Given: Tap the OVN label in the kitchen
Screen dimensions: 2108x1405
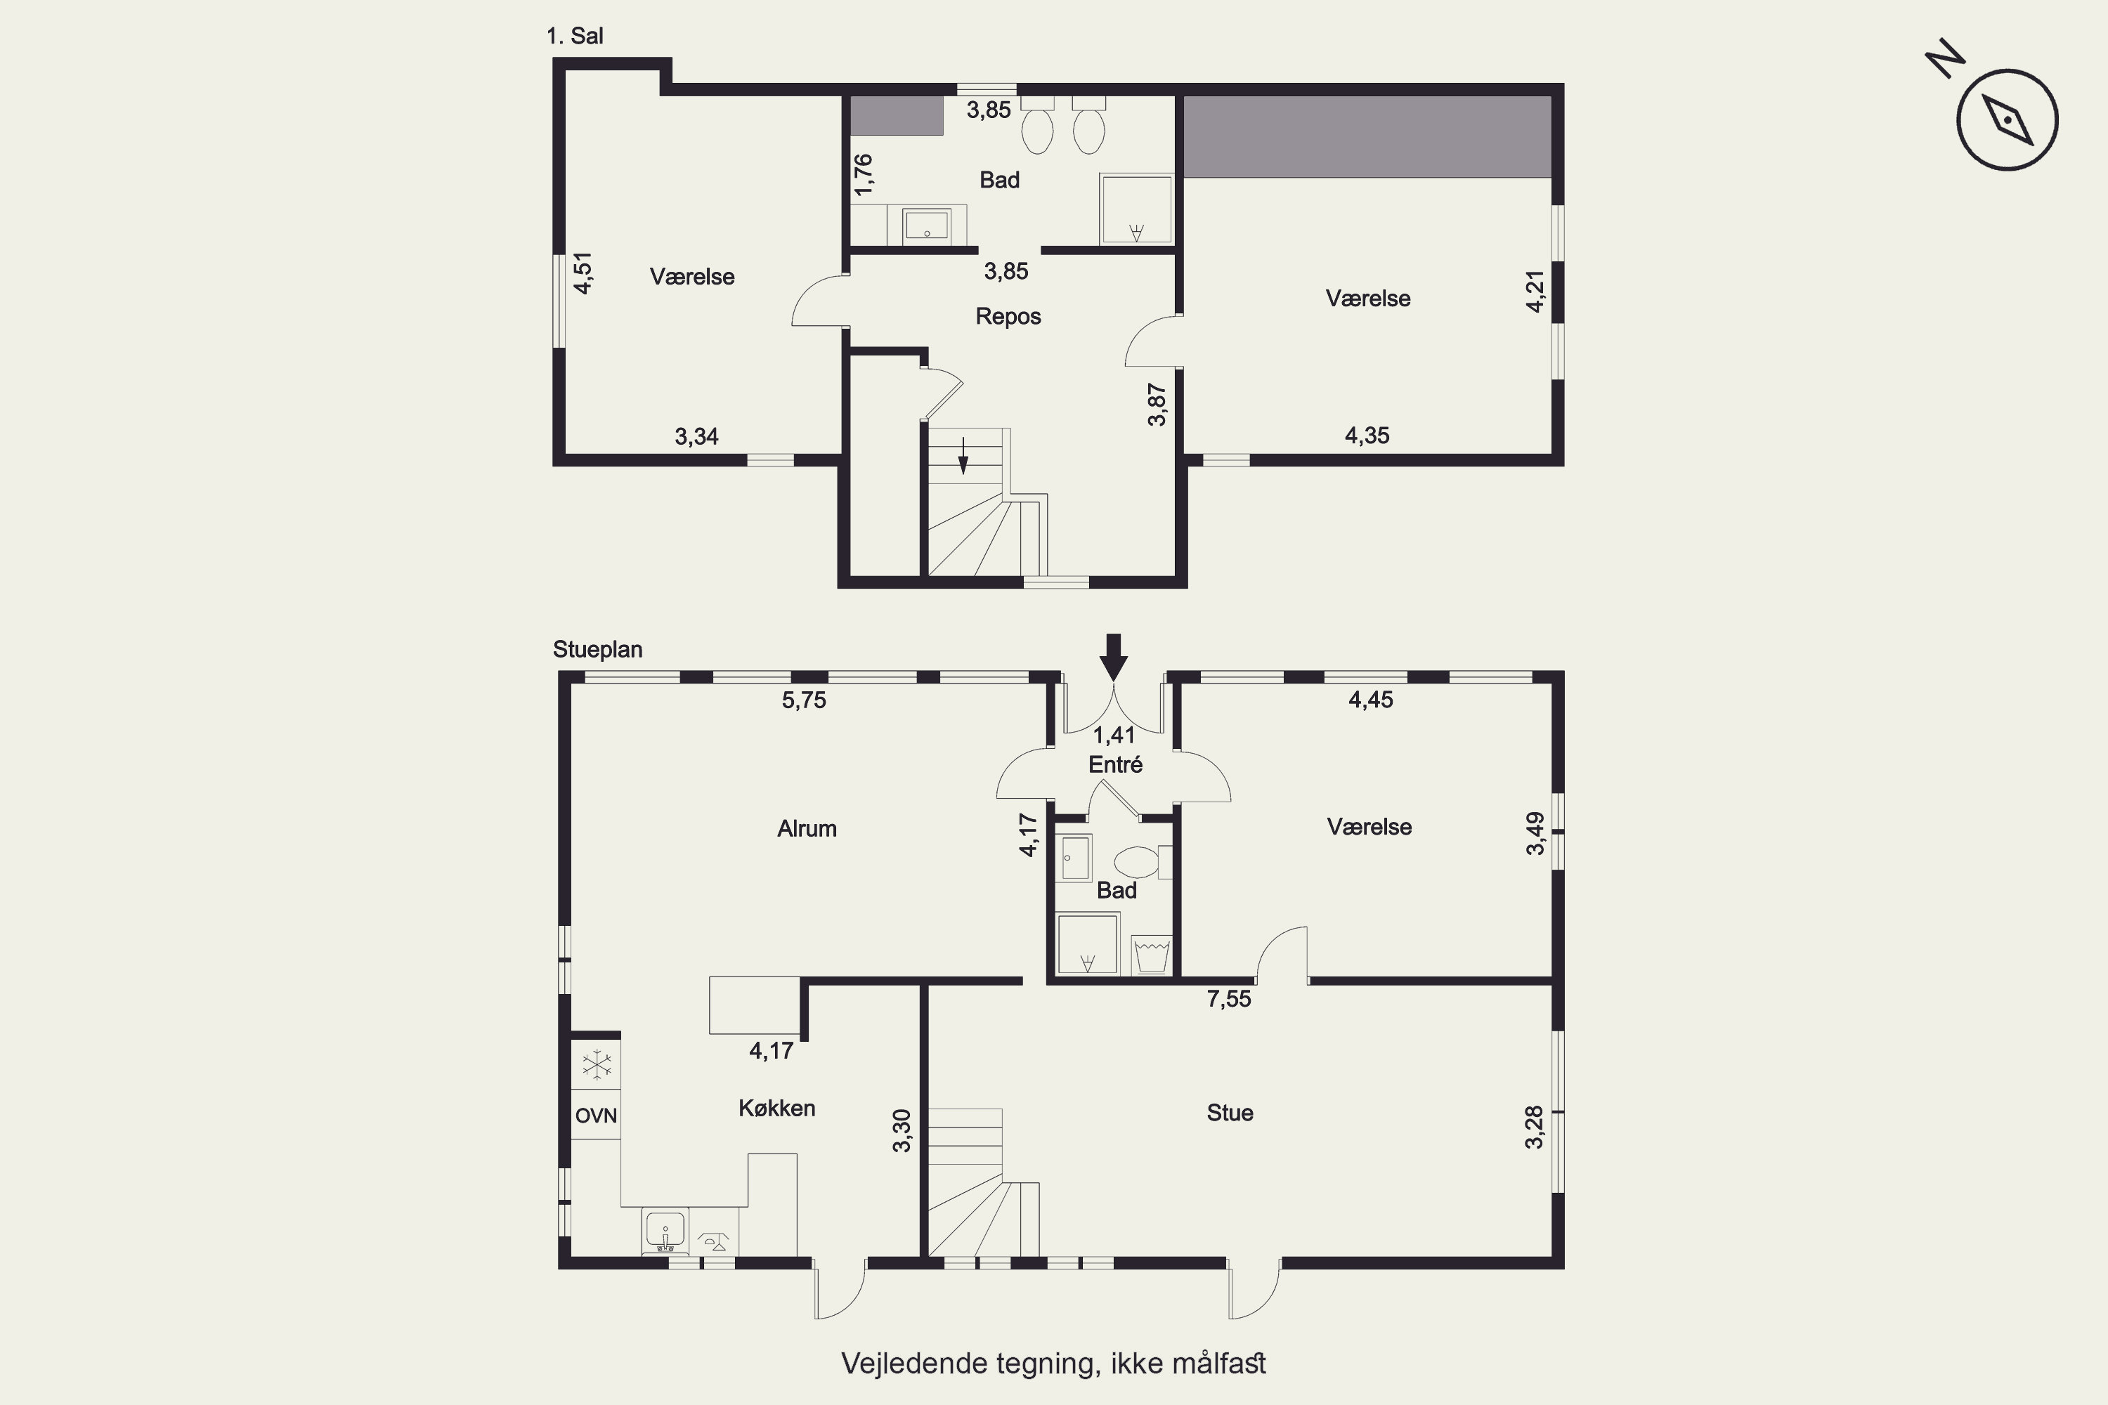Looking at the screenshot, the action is coord(596,1116).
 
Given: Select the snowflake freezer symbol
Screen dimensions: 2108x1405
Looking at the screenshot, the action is coord(596,1066).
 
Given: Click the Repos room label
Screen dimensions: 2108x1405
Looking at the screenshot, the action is coord(1008,316).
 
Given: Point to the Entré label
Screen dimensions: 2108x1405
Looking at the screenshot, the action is coord(1115,764).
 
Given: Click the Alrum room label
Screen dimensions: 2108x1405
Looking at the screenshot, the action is coord(807,829).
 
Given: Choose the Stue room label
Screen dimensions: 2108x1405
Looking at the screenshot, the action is coord(1230,1113).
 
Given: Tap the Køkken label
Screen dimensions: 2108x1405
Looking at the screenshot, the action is coord(777,1109).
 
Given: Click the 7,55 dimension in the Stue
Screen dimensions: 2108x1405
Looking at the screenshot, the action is coord(1229,999).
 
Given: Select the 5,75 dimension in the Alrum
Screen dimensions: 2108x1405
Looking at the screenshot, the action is coord(804,700).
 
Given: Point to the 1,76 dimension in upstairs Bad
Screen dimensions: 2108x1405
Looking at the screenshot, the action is coord(863,175).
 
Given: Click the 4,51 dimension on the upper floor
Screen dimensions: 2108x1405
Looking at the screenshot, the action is coord(583,273).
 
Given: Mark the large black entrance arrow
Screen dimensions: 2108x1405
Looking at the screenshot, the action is coord(1113,658).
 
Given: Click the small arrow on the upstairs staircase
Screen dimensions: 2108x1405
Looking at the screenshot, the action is coord(963,455).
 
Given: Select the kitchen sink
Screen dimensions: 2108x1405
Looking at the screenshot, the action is coord(664,1230).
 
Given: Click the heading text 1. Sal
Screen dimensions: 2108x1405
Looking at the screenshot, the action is coord(575,37).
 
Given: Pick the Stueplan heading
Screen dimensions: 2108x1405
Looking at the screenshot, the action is coord(598,650).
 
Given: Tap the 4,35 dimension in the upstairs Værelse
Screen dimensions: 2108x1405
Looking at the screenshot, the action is coord(1367,436).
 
